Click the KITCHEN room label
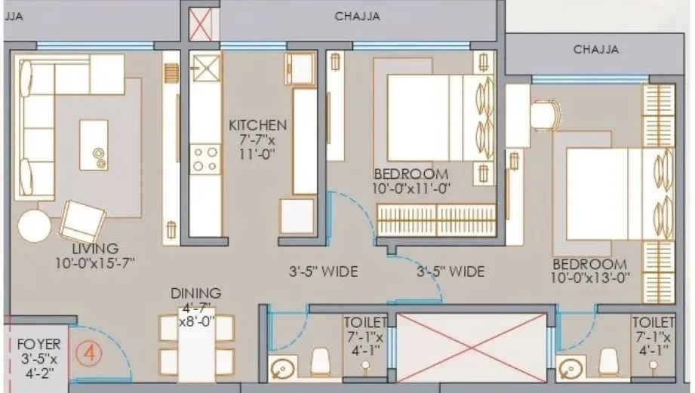coord(258,124)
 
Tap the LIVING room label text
coord(95,248)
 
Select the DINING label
coord(195,293)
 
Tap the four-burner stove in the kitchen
coord(202,159)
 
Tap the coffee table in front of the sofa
coord(95,141)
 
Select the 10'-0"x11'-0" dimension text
coord(411,189)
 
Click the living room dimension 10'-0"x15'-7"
coord(95,263)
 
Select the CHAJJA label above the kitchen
coord(357,15)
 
